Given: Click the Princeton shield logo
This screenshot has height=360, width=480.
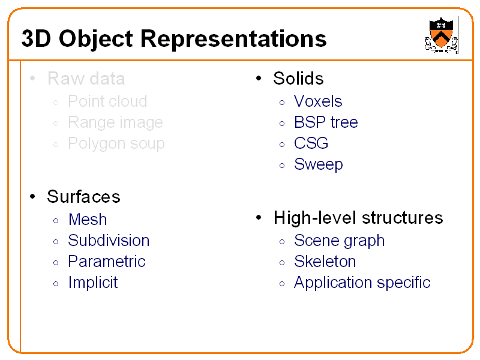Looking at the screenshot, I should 441,34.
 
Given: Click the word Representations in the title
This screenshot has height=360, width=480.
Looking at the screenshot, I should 234,39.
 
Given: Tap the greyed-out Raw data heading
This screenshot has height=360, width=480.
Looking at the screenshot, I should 86,79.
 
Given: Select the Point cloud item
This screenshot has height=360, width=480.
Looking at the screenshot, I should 107,101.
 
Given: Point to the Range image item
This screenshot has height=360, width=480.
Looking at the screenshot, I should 115,122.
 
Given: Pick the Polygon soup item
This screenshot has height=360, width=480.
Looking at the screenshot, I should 116,143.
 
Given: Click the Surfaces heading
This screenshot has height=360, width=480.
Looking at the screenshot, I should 83,197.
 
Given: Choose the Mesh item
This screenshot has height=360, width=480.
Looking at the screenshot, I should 88,220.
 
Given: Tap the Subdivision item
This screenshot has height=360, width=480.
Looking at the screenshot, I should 109,241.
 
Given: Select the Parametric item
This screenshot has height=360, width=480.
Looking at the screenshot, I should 107,262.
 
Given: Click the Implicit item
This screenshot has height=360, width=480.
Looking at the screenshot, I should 93,283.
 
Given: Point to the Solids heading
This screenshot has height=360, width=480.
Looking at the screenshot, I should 298,79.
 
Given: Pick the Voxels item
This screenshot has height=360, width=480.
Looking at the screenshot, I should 318,101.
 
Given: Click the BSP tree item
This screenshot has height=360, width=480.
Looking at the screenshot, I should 326,122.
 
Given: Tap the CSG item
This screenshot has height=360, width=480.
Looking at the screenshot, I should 311,143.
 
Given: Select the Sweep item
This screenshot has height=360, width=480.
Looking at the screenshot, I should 318,164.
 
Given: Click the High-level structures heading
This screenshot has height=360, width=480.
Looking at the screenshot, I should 358,218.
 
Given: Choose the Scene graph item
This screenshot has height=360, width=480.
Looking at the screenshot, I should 339,241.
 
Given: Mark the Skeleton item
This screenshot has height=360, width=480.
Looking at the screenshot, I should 325,262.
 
